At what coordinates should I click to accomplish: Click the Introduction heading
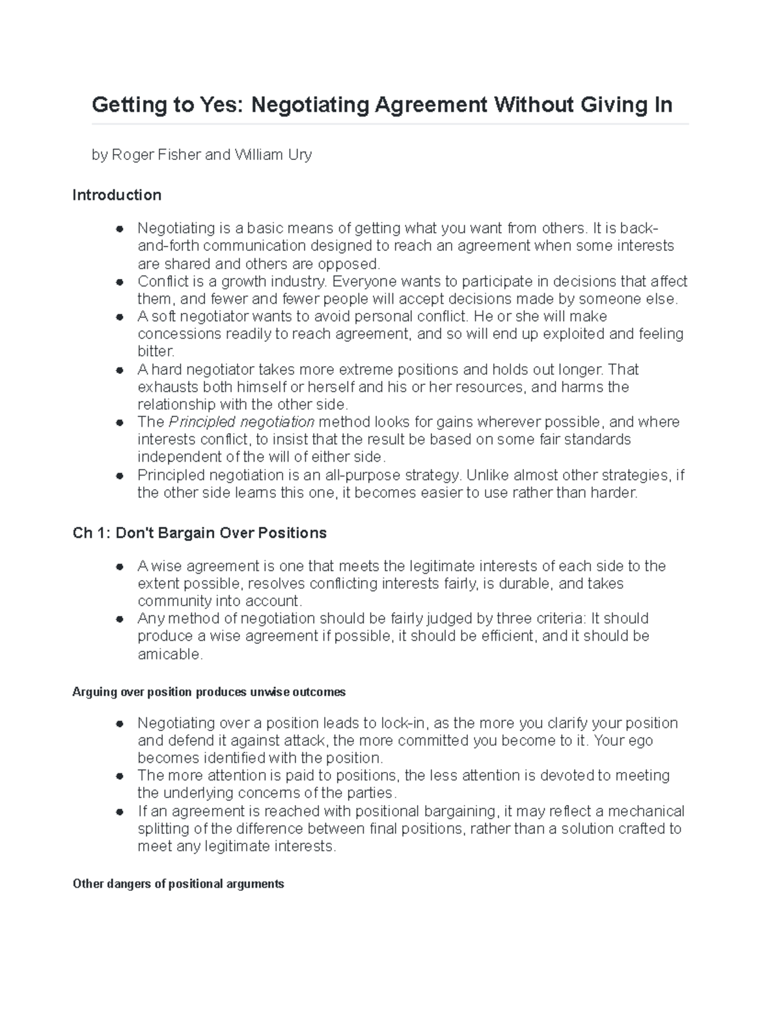(117, 195)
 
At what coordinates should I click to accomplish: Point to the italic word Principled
(199, 422)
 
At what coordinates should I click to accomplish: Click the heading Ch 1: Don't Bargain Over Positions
(199, 533)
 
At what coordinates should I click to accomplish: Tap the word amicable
(169, 654)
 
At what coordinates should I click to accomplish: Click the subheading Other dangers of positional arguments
(178, 884)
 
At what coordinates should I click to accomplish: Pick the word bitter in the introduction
(155, 352)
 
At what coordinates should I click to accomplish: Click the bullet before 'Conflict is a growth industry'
(119, 282)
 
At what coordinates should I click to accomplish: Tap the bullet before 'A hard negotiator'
(119, 370)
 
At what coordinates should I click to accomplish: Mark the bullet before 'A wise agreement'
(119, 566)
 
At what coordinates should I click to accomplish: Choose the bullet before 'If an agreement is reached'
(119, 812)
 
